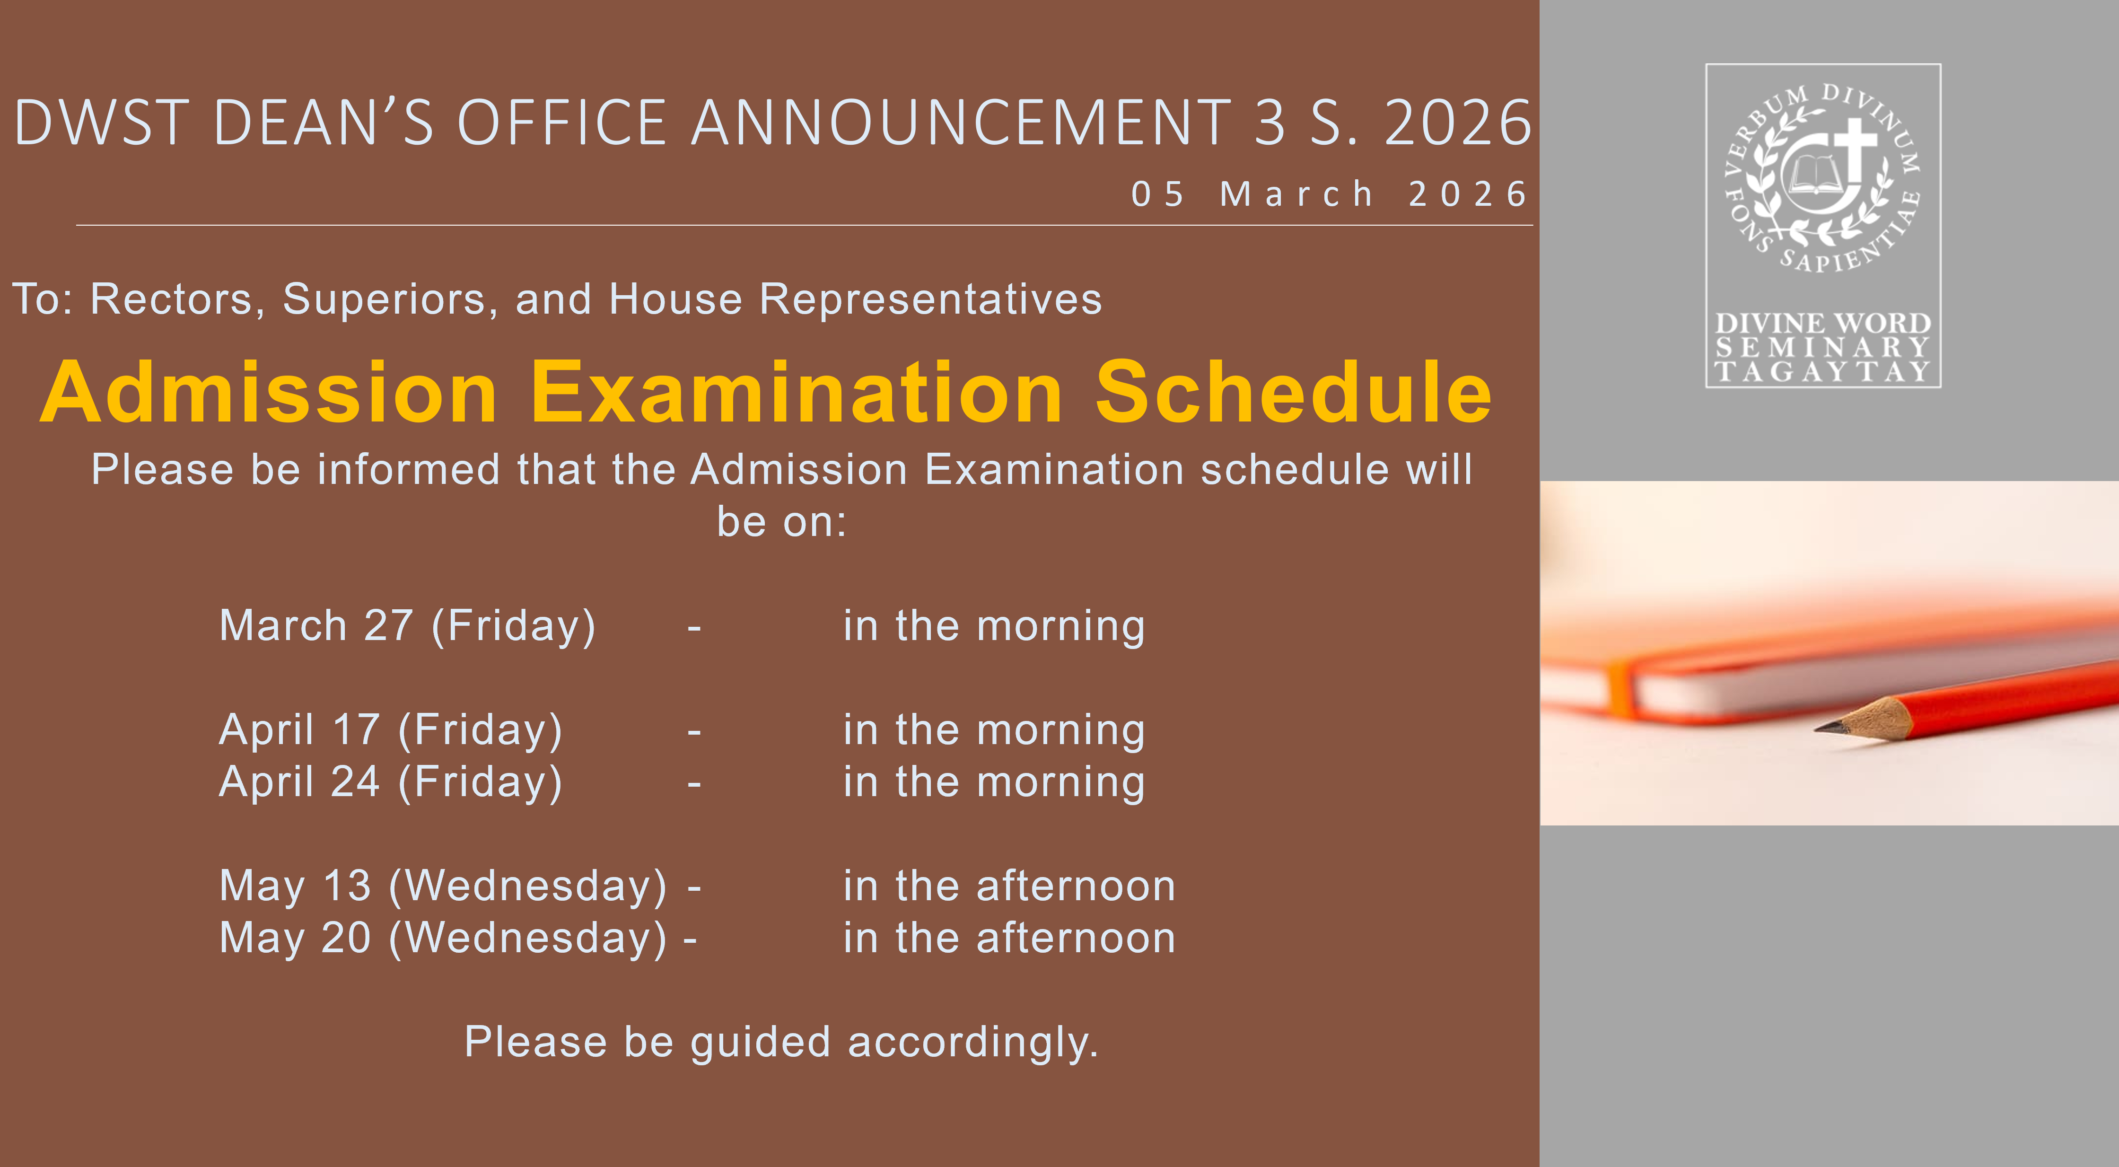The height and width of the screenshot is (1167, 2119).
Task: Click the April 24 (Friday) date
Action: tap(391, 781)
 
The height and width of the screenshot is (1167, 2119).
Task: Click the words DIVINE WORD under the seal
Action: tap(1823, 323)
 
